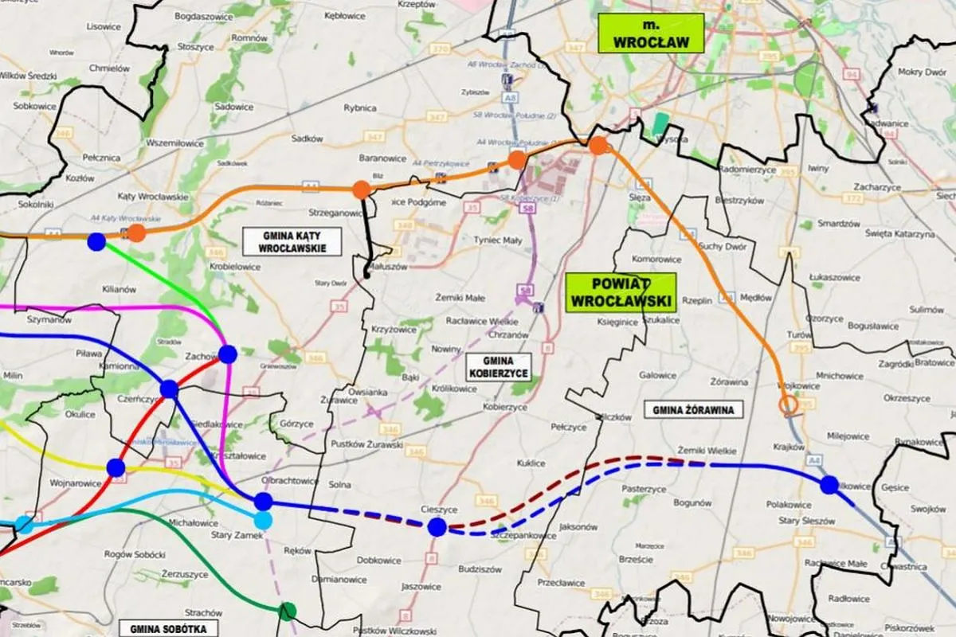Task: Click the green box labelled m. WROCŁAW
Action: (x=652, y=33)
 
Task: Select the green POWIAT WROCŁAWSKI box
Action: (x=621, y=292)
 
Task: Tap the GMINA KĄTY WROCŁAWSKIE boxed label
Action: (x=292, y=241)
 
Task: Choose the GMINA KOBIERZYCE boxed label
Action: (x=499, y=367)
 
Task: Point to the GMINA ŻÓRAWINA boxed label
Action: (x=692, y=409)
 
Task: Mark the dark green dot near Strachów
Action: (x=287, y=612)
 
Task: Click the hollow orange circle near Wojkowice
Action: (x=789, y=406)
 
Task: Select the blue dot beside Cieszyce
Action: (x=437, y=526)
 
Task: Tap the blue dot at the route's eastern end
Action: (x=829, y=484)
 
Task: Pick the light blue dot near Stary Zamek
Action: (x=263, y=520)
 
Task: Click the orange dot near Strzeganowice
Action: (x=361, y=190)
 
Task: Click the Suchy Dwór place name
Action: (x=722, y=247)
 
